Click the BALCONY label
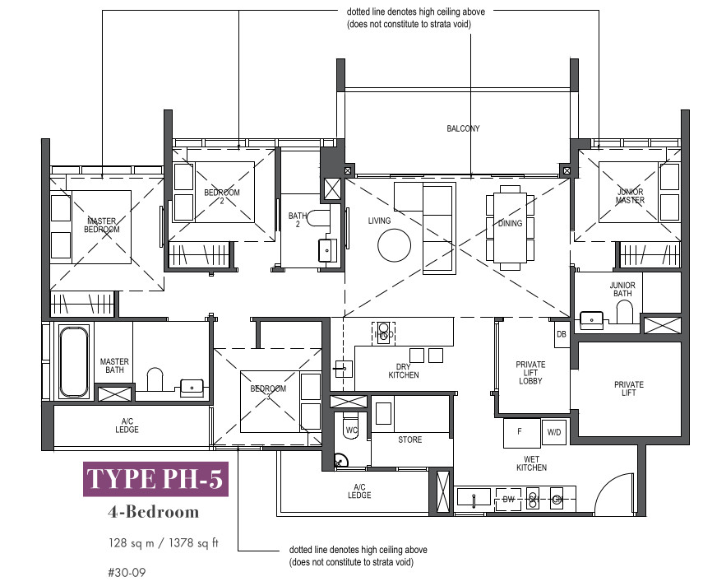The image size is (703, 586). point(463,128)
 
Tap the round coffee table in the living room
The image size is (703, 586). point(394,245)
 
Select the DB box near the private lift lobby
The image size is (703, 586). point(562,334)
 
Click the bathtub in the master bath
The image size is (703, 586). point(73,361)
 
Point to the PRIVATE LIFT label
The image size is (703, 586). point(628,388)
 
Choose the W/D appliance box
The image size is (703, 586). point(554,432)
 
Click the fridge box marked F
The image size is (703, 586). point(521,433)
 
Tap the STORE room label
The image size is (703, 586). point(409,439)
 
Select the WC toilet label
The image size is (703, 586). point(352,430)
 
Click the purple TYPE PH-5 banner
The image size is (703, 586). point(155,479)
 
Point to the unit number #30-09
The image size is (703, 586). point(127,573)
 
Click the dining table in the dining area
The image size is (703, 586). point(511,227)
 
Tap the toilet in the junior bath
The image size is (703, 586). point(625,312)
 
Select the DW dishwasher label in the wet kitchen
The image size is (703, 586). point(508,500)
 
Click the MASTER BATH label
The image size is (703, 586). point(114,365)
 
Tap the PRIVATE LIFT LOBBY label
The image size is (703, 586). point(530,373)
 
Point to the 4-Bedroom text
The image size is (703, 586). point(153,512)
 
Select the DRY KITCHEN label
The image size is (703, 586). point(404,371)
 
